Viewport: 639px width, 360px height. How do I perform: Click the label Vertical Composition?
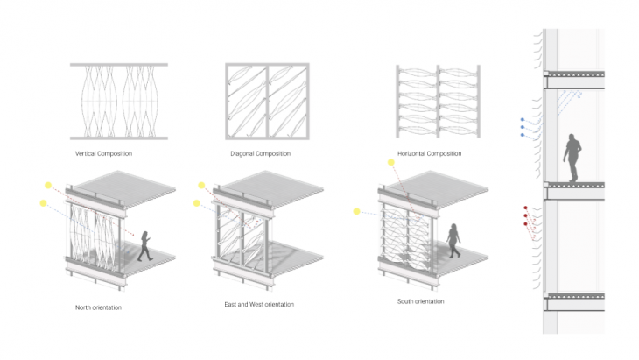click(x=103, y=153)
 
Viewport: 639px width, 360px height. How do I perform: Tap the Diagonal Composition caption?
click(x=260, y=153)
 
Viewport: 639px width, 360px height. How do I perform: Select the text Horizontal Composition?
click(x=430, y=153)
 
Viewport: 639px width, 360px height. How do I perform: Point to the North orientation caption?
click(x=98, y=307)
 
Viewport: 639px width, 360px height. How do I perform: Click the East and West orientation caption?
click(x=259, y=304)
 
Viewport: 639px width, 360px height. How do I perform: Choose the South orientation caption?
click(x=420, y=301)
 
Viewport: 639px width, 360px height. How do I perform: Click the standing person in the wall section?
click(x=572, y=158)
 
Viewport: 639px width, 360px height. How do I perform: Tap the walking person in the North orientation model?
click(x=145, y=246)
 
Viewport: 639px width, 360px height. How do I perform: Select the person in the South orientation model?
click(x=453, y=241)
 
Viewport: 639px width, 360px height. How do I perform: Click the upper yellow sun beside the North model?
click(x=48, y=186)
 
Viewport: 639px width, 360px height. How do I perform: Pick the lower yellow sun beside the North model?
click(x=43, y=203)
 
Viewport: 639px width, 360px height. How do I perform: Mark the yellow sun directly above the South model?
click(x=390, y=163)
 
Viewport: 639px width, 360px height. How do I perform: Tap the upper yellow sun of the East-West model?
click(x=201, y=186)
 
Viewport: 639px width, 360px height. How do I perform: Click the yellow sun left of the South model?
click(x=356, y=211)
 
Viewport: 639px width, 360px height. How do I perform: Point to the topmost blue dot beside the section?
click(x=523, y=119)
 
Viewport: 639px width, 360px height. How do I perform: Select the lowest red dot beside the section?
click(x=526, y=224)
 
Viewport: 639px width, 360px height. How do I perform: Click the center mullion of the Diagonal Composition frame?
click(x=267, y=101)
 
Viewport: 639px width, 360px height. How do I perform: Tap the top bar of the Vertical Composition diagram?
click(x=119, y=65)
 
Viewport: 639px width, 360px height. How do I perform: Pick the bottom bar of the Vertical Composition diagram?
click(x=119, y=138)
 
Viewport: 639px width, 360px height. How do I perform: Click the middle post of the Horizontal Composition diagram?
click(x=438, y=101)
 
